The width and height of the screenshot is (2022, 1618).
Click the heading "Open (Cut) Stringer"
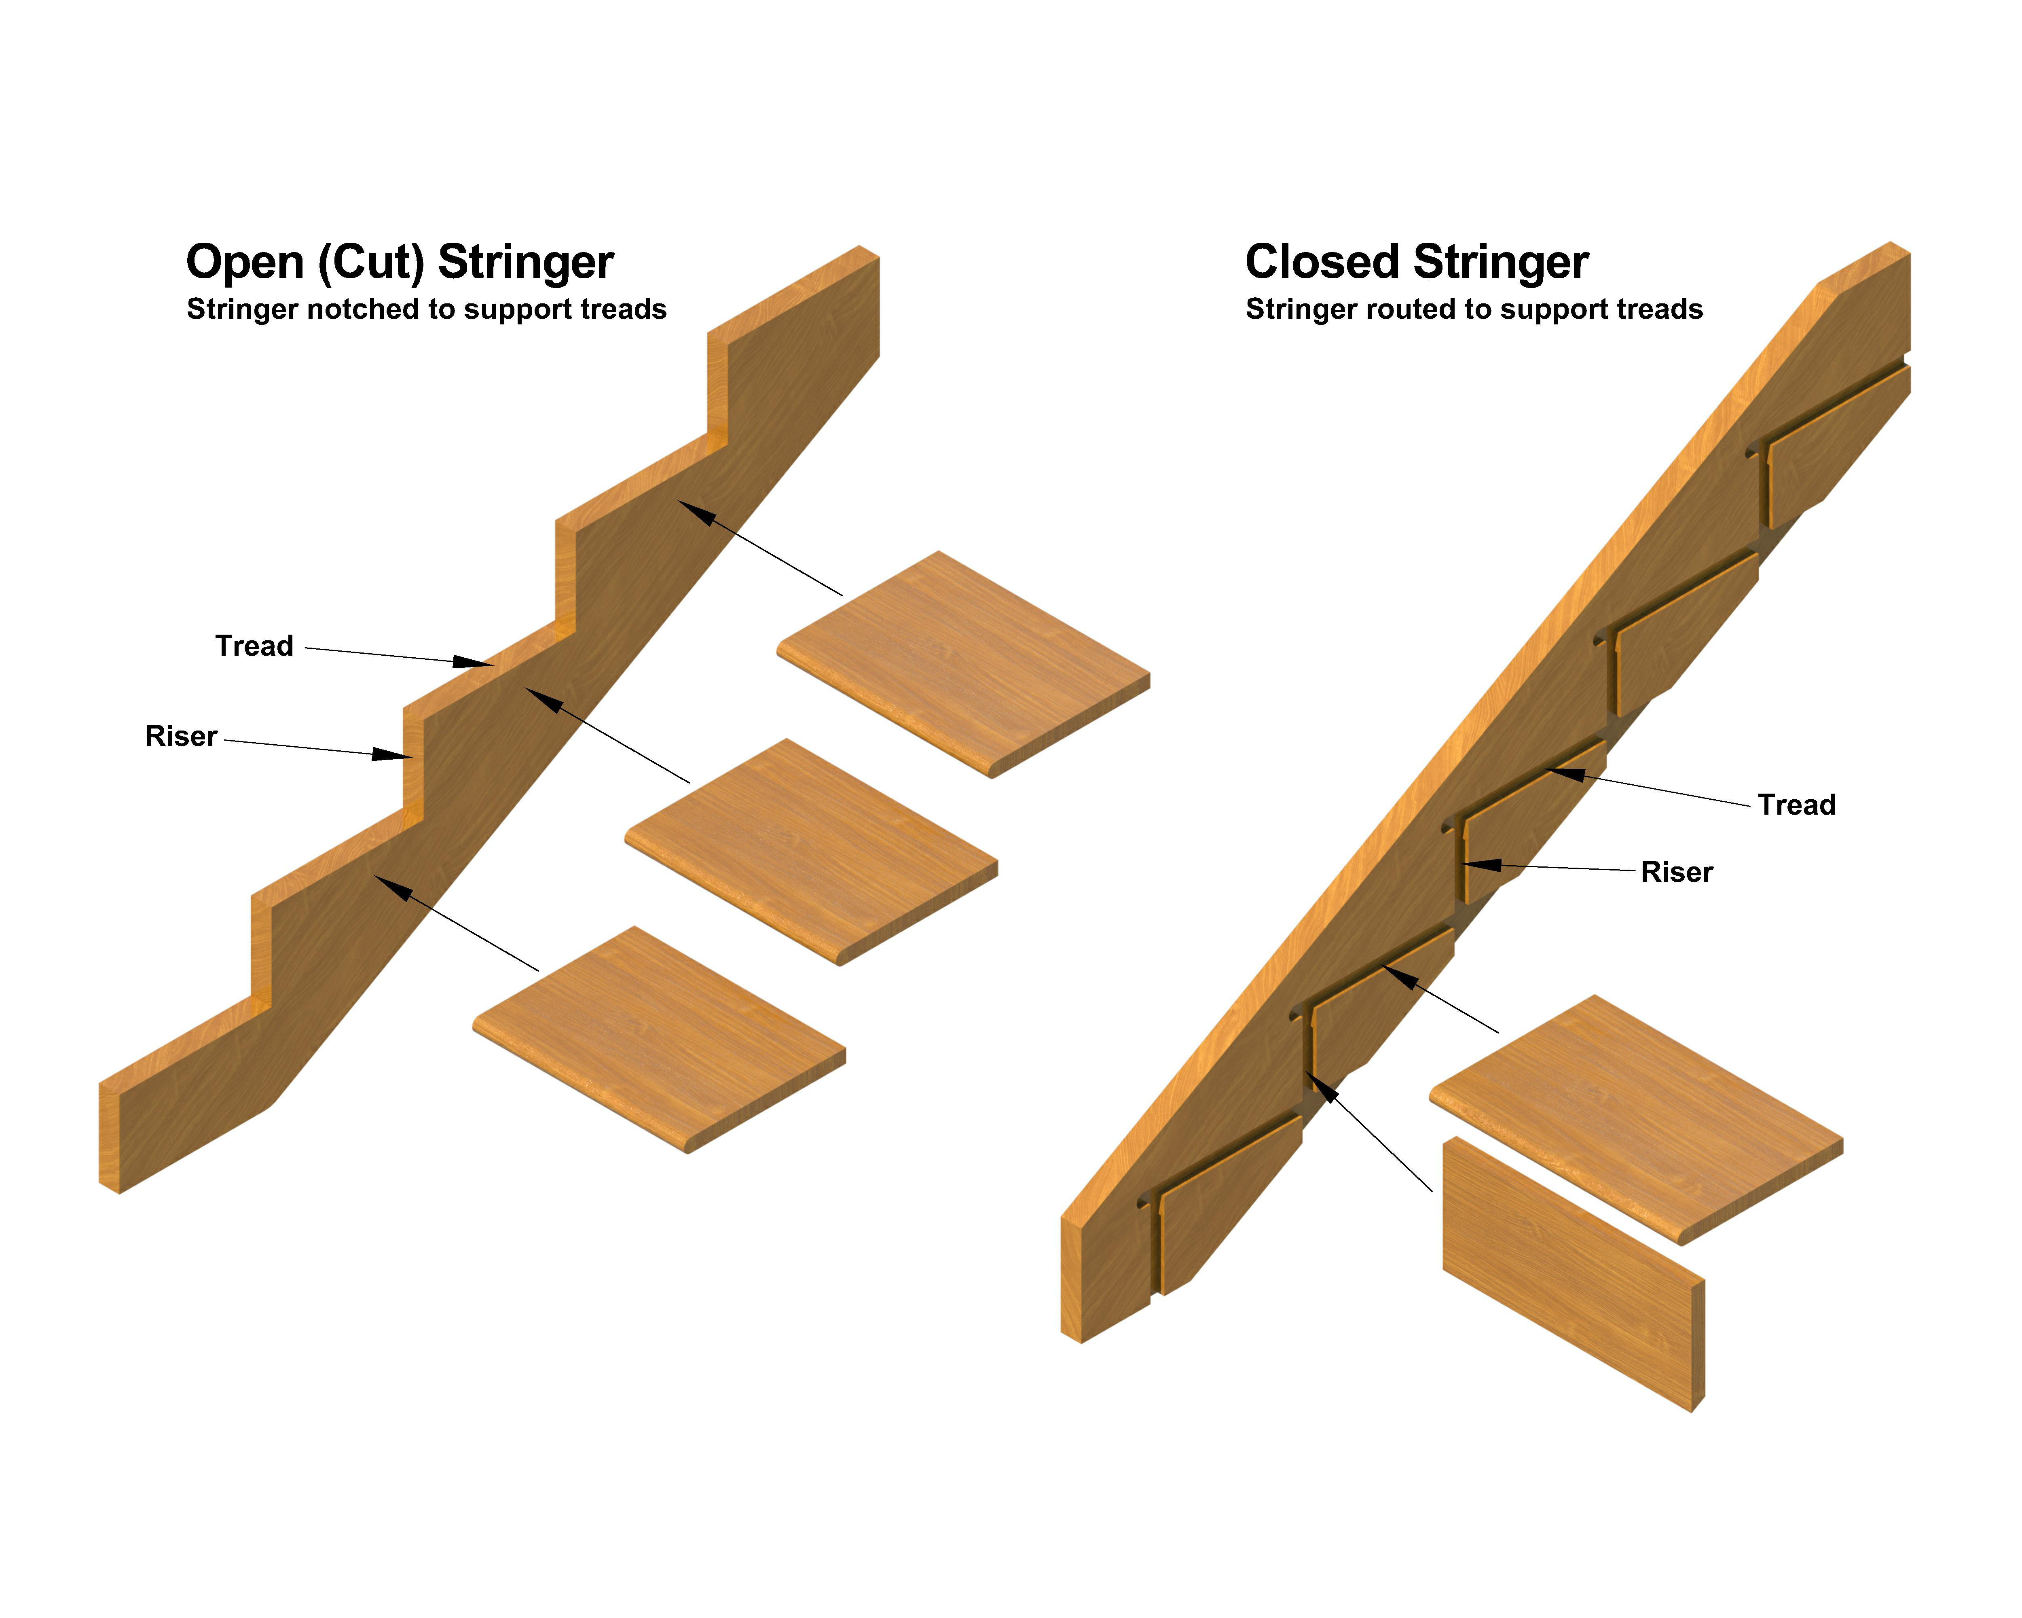point(400,262)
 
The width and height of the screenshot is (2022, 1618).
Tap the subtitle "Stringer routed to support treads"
point(1473,309)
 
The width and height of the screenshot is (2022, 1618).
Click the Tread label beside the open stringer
point(254,646)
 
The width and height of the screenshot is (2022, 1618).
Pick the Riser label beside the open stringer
point(181,736)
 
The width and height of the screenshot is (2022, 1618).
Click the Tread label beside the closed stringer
point(1796,805)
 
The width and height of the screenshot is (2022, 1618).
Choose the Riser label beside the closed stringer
point(1676,873)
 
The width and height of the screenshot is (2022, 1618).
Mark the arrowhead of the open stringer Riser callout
point(392,754)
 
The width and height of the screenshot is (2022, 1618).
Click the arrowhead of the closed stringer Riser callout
point(1482,865)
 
